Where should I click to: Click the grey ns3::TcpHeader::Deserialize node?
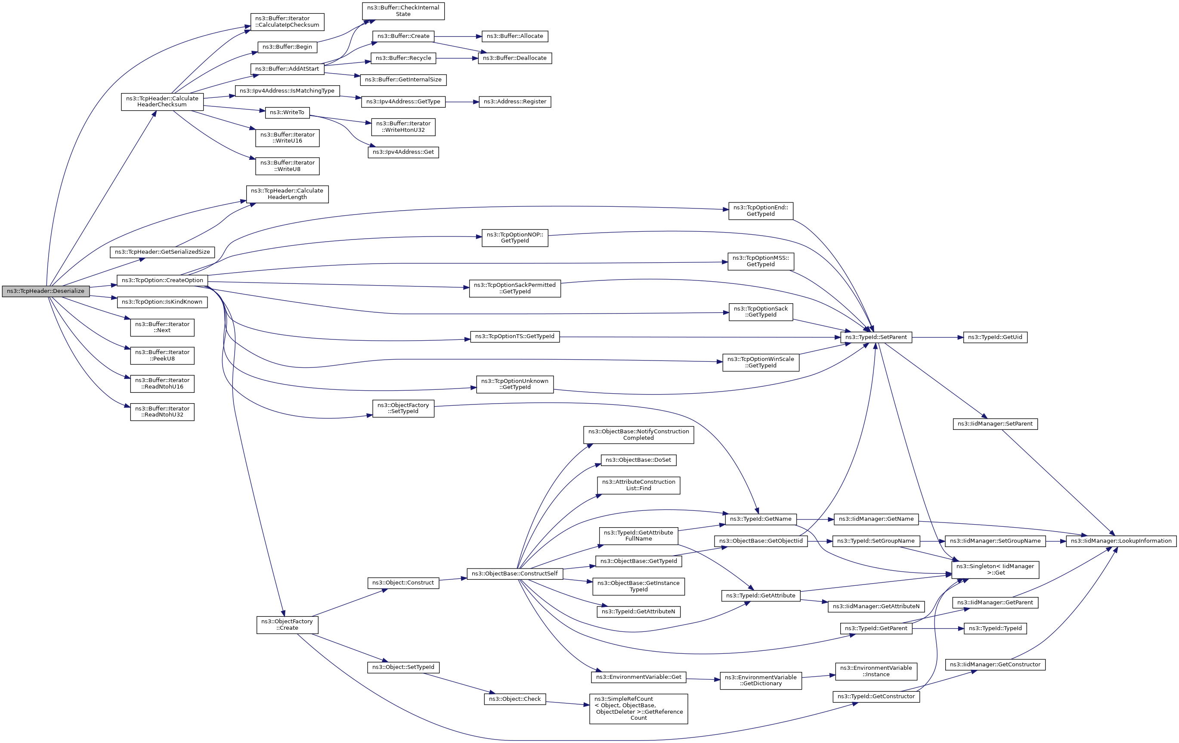coord(46,291)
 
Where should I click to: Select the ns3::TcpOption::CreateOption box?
coord(162,280)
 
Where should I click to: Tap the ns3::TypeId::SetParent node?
coord(876,337)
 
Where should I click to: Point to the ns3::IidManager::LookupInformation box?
coord(1121,541)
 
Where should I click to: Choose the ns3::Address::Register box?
coord(514,101)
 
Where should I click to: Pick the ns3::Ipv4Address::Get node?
coord(403,152)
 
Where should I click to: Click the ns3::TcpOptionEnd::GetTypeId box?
coord(760,211)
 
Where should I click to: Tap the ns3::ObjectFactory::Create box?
coord(287,625)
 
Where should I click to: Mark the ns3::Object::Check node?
coord(514,699)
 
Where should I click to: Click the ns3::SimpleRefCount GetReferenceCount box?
coord(638,708)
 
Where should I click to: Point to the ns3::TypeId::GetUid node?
coord(995,337)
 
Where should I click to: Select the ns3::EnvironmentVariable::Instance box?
coord(876,671)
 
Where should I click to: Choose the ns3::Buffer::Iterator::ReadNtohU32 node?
coord(162,411)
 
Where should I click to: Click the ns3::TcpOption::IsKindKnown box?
coord(162,302)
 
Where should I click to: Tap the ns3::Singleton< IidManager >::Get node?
coord(995,569)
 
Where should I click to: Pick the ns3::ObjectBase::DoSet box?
coord(638,460)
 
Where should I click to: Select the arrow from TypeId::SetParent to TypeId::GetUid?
coord(937,337)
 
